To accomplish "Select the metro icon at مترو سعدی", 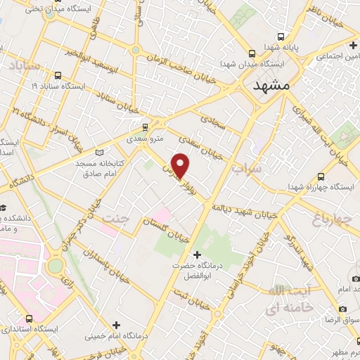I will [x=145, y=127].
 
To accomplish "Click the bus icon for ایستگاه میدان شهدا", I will [x=252, y=53].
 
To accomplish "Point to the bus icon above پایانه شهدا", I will [x=281, y=37].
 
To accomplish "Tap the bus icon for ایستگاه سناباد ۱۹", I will [x=57, y=75].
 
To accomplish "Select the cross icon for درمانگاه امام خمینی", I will [x=116, y=325].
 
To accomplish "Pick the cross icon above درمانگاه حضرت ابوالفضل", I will [x=197, y=254].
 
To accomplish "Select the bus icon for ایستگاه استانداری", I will [x=28, y=318].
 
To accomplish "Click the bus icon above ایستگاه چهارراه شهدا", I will [x=321, y=176].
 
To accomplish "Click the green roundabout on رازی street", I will [x=55, y=266].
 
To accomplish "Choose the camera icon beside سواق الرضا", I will [x=342, y=309].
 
